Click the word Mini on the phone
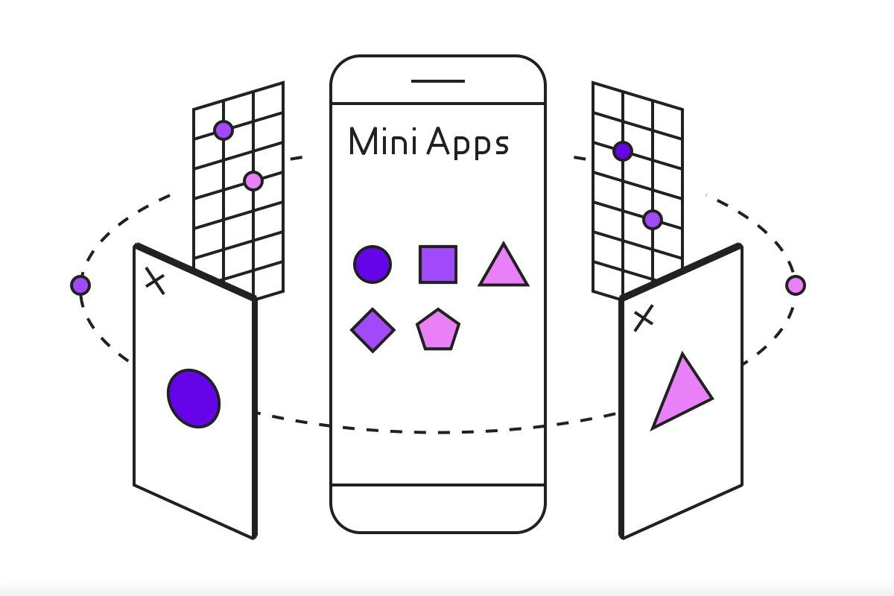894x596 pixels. [x=383, y=141]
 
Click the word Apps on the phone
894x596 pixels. [x=468, y=143]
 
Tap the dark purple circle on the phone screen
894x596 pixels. [x=372, y=264]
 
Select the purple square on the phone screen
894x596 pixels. [x=438, y=264]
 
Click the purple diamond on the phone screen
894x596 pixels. [x=372, y=330]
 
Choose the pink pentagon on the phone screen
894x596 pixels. [x=438, y=330]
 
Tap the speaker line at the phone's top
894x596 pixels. [x=438, y=81]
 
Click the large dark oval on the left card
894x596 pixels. [x=194, y=399]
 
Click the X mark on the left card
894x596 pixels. [x=155, y=281]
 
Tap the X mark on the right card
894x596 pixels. [x=644, y=318]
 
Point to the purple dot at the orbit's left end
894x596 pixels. [x=80, y=285]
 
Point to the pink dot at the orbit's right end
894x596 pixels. [x=796, y=285]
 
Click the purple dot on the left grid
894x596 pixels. [x=223, y=130]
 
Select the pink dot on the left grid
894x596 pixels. [x=253, y=181]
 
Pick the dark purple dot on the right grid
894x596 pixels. [x=623, y=151]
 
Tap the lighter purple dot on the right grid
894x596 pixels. [x=653, y=220]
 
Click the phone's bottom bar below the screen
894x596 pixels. [x=438, y=509]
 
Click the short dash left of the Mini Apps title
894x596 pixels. [x=297, y=158]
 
